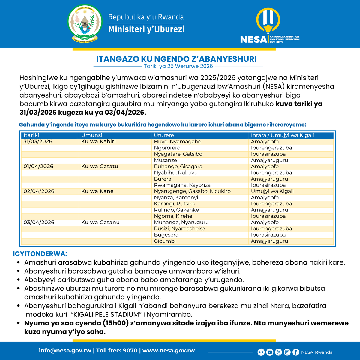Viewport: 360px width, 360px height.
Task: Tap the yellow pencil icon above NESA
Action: click(268, 21)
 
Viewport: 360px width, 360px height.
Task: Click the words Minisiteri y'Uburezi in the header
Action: click(146, 29)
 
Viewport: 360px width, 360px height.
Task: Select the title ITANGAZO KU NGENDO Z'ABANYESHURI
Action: click(176, 59)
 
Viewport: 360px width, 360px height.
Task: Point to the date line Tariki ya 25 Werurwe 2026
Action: click(178, 66)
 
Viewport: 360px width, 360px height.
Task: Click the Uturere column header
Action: click(164, 135)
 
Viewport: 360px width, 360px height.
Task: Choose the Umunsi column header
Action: click(91, 135)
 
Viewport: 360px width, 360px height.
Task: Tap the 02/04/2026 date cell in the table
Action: click(39, 191)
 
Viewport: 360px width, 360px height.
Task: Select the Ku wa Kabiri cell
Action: click(98, 141)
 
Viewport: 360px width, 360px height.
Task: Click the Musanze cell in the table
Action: click(165, 160)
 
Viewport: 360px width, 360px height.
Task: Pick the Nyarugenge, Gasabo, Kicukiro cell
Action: click(192, 191)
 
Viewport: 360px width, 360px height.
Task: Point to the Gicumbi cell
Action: click(165, 241)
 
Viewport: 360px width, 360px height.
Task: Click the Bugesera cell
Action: click(166, 235)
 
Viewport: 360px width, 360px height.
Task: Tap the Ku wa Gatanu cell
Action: click(100, 223)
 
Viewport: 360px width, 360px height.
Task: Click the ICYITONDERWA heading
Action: click(40, 254)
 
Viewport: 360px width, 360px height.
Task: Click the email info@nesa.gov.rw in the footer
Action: click(65, 351)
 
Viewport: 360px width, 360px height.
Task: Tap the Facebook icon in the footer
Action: click(296, 352)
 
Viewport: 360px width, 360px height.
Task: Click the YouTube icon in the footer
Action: click(270, 352)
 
